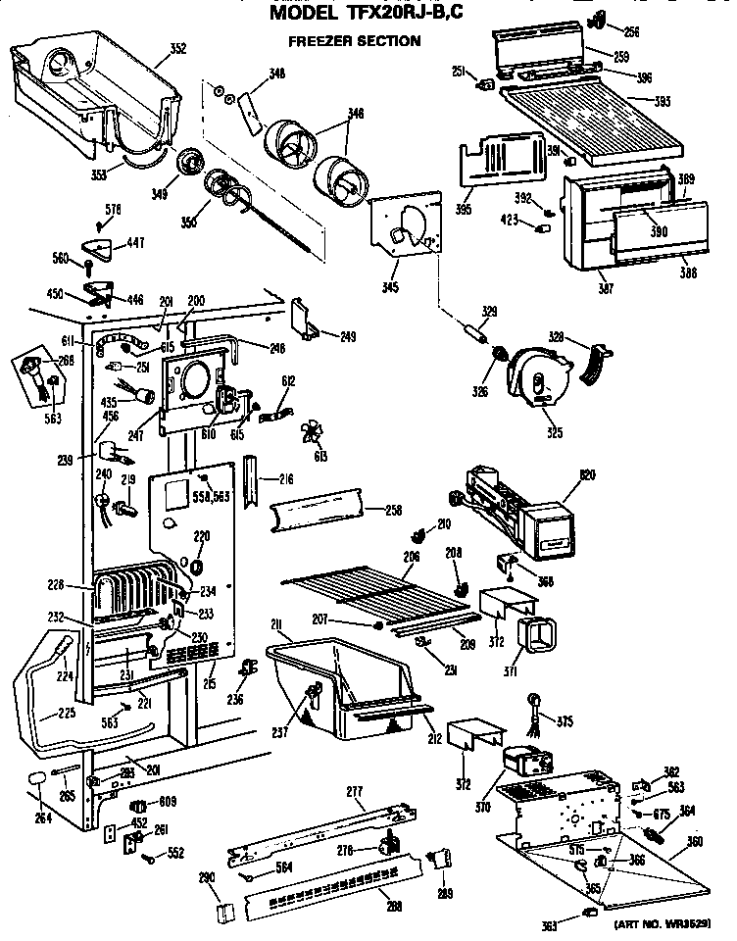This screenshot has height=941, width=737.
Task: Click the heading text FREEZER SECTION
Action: pyautogui.click(x=354, y=41)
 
